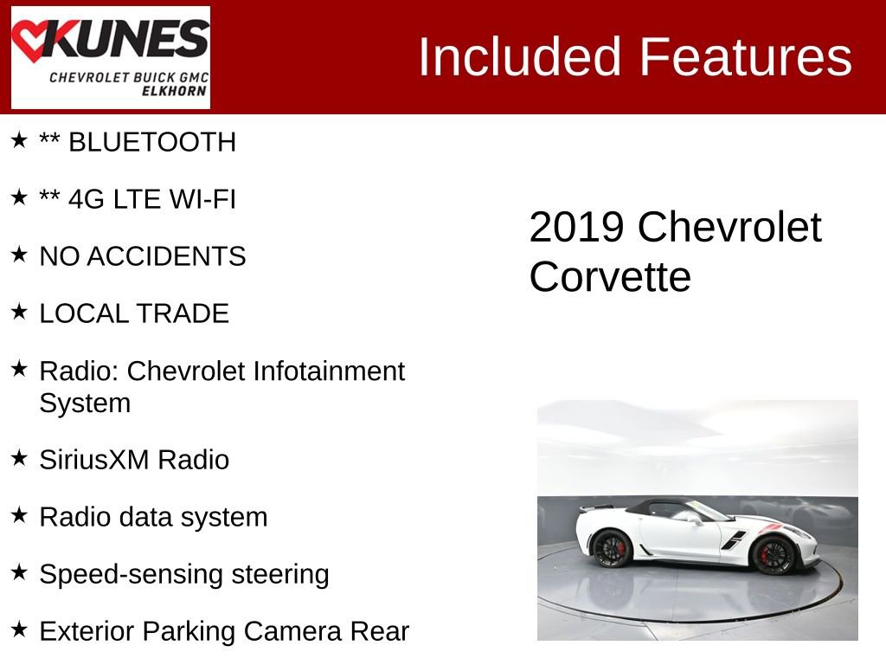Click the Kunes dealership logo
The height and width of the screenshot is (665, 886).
click(x=110, y=57)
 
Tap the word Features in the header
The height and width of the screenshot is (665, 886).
click(x=746, y=58)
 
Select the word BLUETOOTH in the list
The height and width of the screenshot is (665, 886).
click(x=151, y=142)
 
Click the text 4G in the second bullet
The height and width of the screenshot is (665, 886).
click(x=87, y=199)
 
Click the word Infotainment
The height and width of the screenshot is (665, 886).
click(x=329, y=371)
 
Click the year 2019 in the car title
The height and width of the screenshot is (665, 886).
click(x=576, y=227)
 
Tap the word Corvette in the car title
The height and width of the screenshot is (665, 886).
click(x=610, y=277)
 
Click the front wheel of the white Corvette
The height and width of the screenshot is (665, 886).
click(x=772, y=554)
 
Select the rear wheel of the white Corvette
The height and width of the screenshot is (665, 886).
click(x=612, y=548)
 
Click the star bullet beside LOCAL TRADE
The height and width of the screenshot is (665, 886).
click(x=19, y=312)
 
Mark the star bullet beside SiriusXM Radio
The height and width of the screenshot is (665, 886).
click(x=19, y=458)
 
